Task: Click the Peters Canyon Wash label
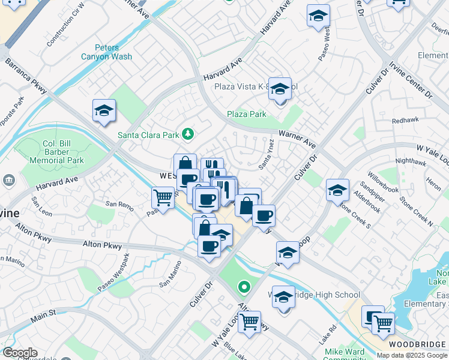tap(107, 52)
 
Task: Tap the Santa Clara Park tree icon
tap(188, 133)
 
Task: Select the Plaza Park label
tap(246, 114)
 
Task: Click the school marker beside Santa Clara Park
tap(104, 110)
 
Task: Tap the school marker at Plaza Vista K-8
tap(280, 89)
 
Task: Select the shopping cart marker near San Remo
tap(163, 196)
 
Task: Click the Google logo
tap(19, 353)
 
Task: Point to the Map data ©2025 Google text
tap(412, 355)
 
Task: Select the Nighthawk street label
tap(411, 161)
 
